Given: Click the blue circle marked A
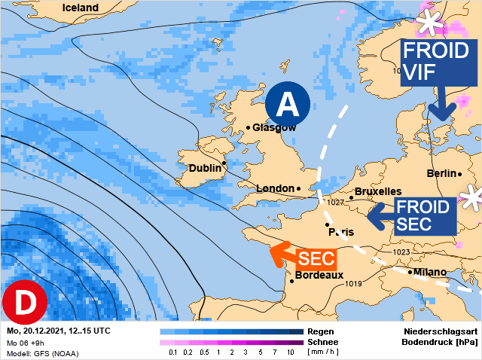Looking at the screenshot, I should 286,103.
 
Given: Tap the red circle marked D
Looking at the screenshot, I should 26,303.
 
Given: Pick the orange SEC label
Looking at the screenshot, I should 316,258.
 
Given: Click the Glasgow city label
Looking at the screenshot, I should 274,127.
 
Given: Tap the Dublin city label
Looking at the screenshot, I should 206,168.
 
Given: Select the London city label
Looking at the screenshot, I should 276,188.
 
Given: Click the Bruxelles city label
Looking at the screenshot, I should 378,191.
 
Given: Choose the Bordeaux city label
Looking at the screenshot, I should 319,275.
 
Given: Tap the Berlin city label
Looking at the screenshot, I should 441,173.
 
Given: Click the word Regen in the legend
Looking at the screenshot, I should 321,331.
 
